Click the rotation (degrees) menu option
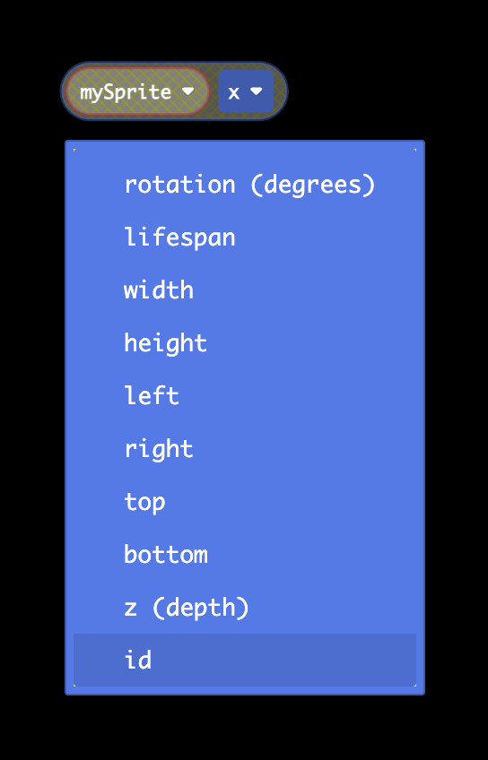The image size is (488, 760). [x=249, y=185]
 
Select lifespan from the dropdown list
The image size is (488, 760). [x=179, y=237]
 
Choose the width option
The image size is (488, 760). [x=159, y=290]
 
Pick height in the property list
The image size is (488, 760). [x=165, y=343]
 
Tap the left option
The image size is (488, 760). [x=152, y=396]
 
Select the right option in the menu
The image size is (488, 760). [x=159, y=449]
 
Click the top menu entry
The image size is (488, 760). [x=144, y=502]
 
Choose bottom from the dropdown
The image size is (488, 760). [x=165, y=555]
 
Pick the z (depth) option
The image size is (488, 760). [x=187, y=608]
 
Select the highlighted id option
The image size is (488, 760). [x=245, y=660]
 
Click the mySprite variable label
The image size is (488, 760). [x=126, y=92]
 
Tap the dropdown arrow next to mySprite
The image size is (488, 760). [x=187, y=91]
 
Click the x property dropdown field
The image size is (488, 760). [x=246, y=91]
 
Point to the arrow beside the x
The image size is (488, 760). [x=257, y=91]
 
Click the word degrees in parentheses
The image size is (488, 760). [x=313, y=186]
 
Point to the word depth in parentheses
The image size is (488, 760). [x=201, y=608]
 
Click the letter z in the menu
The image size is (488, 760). [x=130, y=609]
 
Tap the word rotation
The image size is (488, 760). [x=179, y=185]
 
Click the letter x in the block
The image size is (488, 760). [x=234, y=92]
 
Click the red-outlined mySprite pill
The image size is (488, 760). [x=137, y=91]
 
